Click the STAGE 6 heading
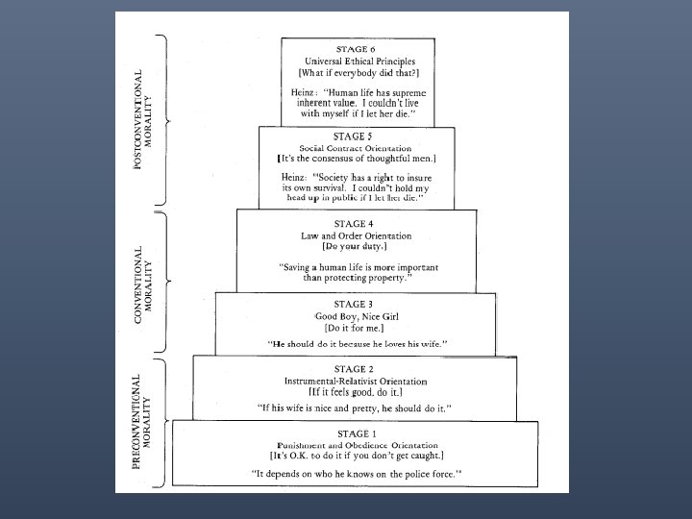357,48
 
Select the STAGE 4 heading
357,223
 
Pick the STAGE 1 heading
357,433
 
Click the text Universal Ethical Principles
357,61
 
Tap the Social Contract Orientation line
357,148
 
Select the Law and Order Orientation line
357,235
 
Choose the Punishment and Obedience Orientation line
357,445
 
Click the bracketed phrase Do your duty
357,246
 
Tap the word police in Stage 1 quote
406,474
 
